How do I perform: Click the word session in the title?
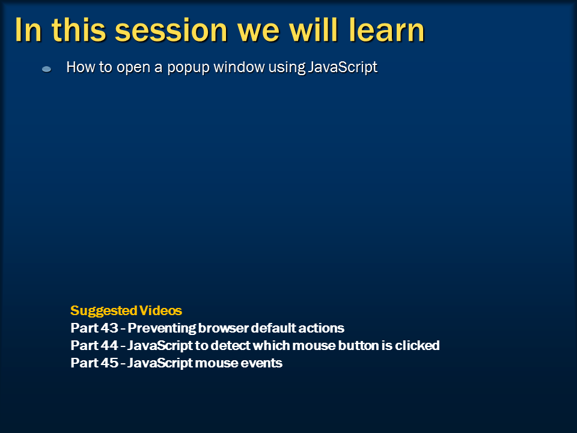click(x=171, y=30)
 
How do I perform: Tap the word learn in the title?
click(x=386, y=29)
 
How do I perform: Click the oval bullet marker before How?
click(x=47, y=69)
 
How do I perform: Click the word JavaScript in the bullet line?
click(x=343, y=67)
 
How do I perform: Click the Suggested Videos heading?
click(x=126, y=310)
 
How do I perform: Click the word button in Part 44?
click(x=358, y=345)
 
